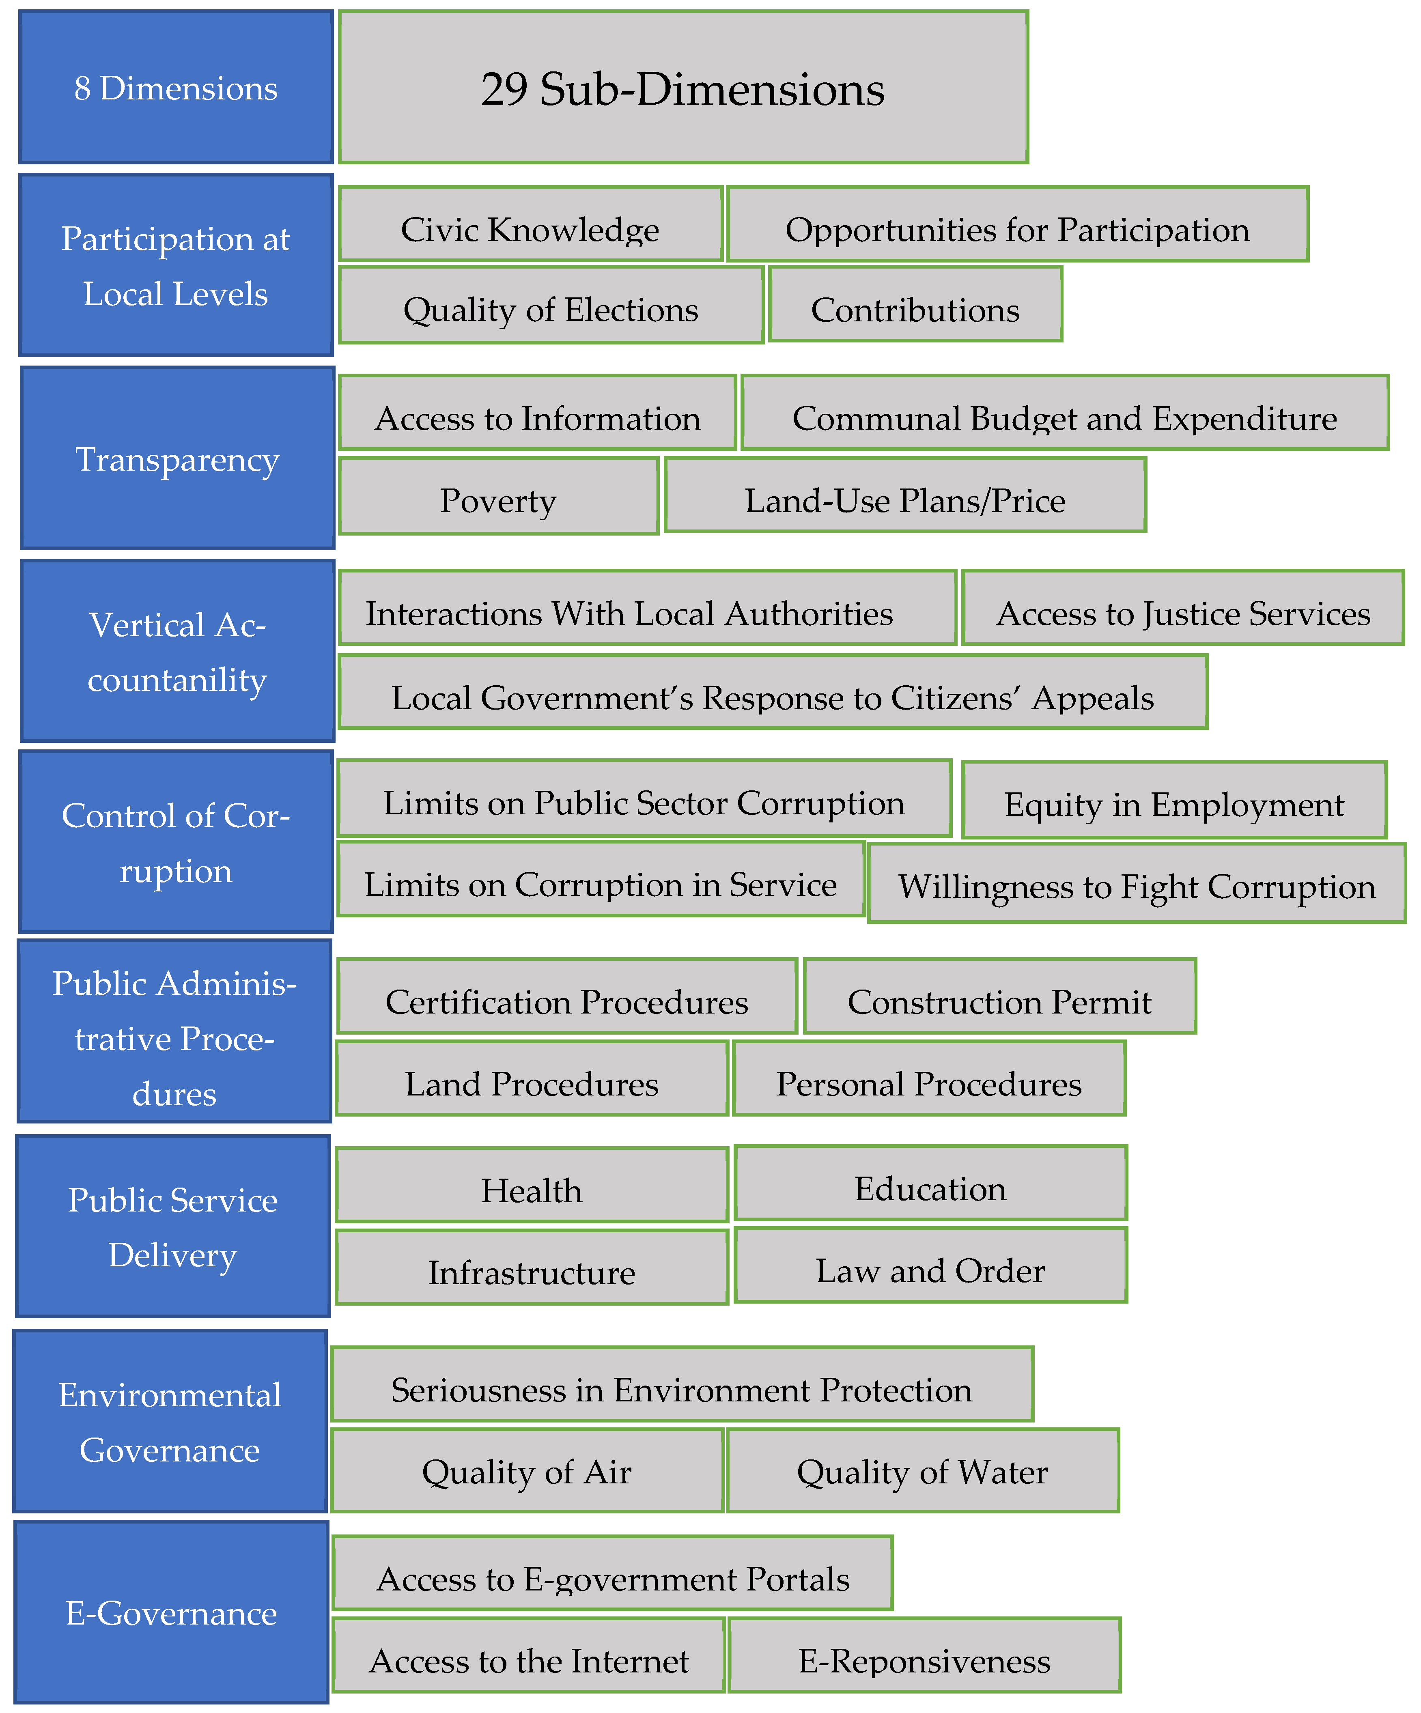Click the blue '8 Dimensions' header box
click(x=175, y=87)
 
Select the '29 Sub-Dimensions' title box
click(x=683, y=87)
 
